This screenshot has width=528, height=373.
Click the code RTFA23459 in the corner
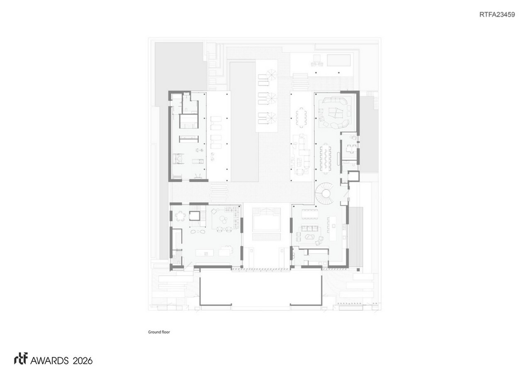(497, 15)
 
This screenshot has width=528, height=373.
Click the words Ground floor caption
(159, 332)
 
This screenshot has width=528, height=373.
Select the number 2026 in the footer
(83, 361)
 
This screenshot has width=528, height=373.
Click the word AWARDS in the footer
(49, 361)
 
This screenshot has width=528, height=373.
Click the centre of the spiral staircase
(325, 194)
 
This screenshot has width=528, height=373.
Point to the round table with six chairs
(180, 216)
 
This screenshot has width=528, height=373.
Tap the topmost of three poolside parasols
(272, 75)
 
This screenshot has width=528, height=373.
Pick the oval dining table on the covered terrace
(302, 118)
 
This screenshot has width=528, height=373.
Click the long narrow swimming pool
(243, 121)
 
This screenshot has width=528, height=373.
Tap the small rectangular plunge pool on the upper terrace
(339, 60)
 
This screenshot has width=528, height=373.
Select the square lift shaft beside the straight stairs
(195, 216)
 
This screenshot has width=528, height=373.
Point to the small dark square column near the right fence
(358, 270)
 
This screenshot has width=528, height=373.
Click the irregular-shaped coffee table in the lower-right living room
(309, 236)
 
